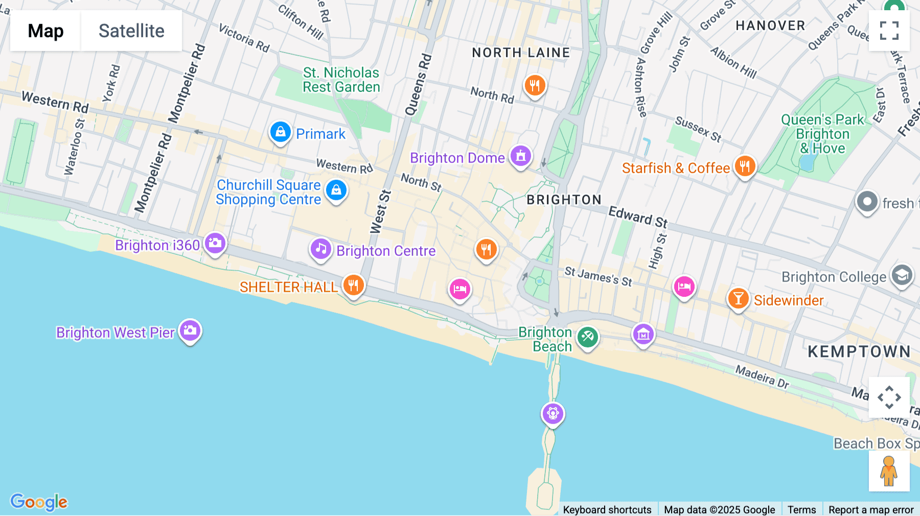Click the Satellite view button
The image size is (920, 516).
[x=131, y=31]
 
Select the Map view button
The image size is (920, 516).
[x=45, y=31]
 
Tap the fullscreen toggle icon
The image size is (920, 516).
[x=889, y=31]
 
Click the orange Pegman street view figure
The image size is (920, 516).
[x=889, y=471]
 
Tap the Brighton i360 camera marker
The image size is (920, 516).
[x=215, y=243]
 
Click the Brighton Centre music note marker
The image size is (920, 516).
[x=321, y=249]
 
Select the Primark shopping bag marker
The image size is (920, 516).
[x=281, y=132]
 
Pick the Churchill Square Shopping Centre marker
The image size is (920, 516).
[x=336, y=191]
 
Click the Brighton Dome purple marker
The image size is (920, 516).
[x=520, y=156]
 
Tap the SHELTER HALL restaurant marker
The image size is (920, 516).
[x=353, y=285]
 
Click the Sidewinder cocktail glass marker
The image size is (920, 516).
[x=738, y=299]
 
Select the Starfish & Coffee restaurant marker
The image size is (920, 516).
[x=745, y=167]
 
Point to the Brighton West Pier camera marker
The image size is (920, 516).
[x=190, y=331]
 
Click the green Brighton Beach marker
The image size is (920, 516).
[x=588, y=337]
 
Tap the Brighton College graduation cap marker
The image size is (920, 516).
[x=902, y=276]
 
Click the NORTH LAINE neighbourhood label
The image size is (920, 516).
[x=521, y=53]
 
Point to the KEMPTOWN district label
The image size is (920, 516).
[x=859, y=351]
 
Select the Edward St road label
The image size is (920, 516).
[x=638, y=217]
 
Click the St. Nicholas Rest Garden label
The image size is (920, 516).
[x=341, y=80]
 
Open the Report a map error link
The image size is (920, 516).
[x=871, y=509]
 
